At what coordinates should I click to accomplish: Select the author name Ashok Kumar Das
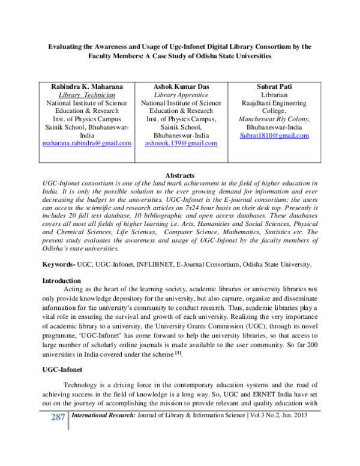[181, 86]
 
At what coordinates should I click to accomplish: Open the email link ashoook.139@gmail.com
[181, 144]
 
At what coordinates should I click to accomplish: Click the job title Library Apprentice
[181, 95]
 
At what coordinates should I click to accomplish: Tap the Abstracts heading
[181, 174]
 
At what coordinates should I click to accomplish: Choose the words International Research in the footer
[100, 415]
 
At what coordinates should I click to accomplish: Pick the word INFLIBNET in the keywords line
[164, 264]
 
